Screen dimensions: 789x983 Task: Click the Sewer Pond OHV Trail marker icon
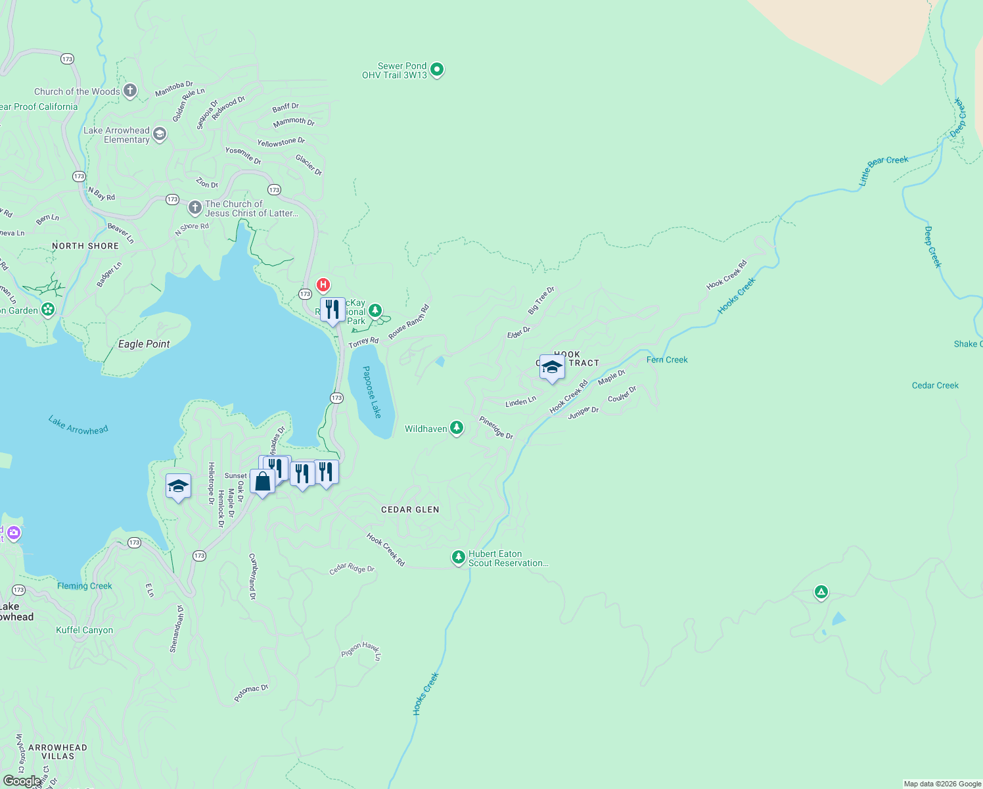pos(437,69)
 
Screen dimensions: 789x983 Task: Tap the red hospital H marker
pos(323,285)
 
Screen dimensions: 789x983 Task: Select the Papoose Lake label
pos(372,392)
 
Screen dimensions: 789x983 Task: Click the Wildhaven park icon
pos(457,428)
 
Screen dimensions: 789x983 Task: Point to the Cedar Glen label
pos(410,510)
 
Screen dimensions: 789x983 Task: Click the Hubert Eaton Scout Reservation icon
pos(458,557)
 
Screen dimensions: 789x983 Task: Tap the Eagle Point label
pos(144,344)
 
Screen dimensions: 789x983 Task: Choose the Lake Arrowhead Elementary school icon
pos(160,135)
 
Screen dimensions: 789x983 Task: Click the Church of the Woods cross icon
pos(130,91)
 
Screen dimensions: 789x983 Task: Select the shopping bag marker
pos(262,481)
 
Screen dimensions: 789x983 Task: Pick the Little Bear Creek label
pos(883,170)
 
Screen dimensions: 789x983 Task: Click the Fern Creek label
pos(667,360)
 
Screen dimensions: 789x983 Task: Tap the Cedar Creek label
pos(935,385)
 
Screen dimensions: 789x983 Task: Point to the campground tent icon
pos(821,592)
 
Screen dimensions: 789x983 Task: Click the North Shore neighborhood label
pos(85,246)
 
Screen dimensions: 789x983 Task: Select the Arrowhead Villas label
pos(58,752)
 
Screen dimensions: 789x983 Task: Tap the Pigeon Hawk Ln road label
pos(361,650)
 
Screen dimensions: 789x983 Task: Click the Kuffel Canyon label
pos(84,630)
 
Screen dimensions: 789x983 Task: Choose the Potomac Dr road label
pos(251,693)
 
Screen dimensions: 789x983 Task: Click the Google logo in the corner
pos(22,781)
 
